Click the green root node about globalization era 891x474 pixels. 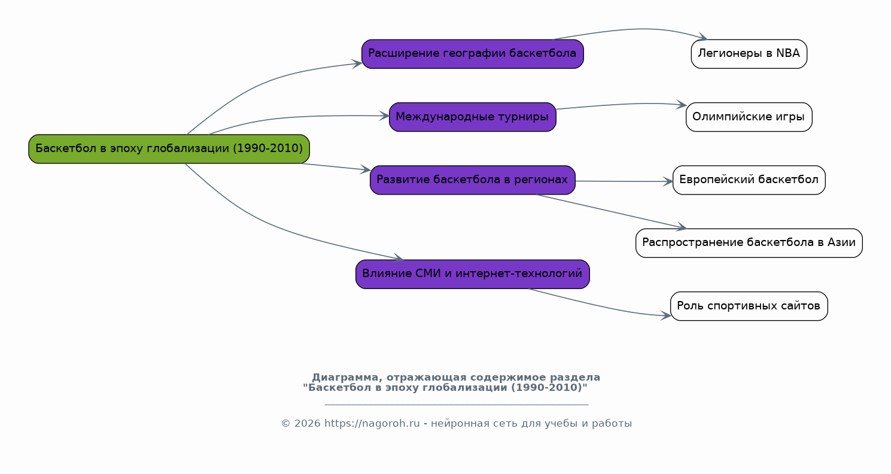[169, 149]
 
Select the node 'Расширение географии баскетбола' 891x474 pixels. [472, 54]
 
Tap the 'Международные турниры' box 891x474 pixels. [472, 117]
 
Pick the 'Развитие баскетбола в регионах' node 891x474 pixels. [472, 180]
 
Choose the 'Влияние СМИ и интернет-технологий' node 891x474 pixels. [472, 274]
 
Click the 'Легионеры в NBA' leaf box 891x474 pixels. [749, 54]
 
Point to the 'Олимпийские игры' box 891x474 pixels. [749, 117]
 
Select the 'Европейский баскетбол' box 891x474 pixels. [749, 180]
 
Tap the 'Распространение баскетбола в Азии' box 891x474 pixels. [749, 243]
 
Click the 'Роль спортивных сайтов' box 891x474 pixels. [749, 306]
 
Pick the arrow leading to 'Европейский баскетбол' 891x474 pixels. [622, 181]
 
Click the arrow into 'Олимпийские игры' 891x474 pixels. [622, 104]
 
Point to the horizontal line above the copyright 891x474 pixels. [456, 405]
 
